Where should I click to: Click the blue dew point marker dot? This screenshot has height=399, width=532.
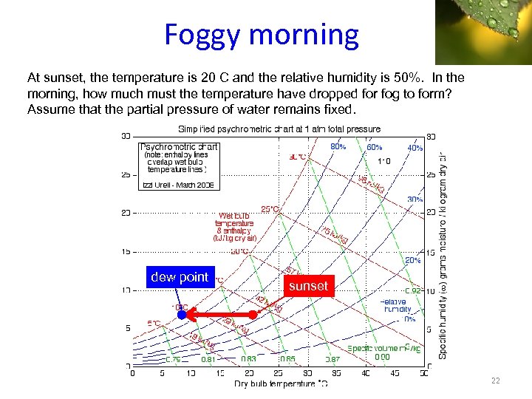pyautogui.click(x=181, y=315)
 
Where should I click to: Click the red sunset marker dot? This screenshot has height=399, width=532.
pyautogui.click(x=253, y=315)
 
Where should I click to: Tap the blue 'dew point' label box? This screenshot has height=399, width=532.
pyautogui.click(x=180, y=277)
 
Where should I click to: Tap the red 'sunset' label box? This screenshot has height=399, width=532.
pyautogui.click(x=309, y=286)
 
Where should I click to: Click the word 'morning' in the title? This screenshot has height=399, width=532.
pyautogui.click(x=307, y=35)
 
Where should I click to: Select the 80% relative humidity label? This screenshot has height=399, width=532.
pyautogui.click(x=338, y=147)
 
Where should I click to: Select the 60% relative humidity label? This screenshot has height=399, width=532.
pyautogui.click(x=375, y=147)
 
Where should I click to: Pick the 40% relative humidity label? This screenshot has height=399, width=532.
pyautogui.click(x=415, y=148)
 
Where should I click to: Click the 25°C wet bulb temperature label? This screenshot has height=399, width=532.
pyautogui.click(x=270, y=210)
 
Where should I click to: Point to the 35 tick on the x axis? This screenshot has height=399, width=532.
pyautogui.click(x=336, y=374)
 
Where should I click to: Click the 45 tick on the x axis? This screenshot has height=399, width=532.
pyautogui.click(x=395, y=374)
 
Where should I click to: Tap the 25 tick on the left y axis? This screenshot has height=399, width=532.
pyautogui.click(x=125, y=175)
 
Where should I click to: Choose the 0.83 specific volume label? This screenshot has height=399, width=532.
pyautogui.click(x=249, y=359)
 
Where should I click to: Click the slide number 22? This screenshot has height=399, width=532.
pyautogui.click(x=495, y=381)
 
